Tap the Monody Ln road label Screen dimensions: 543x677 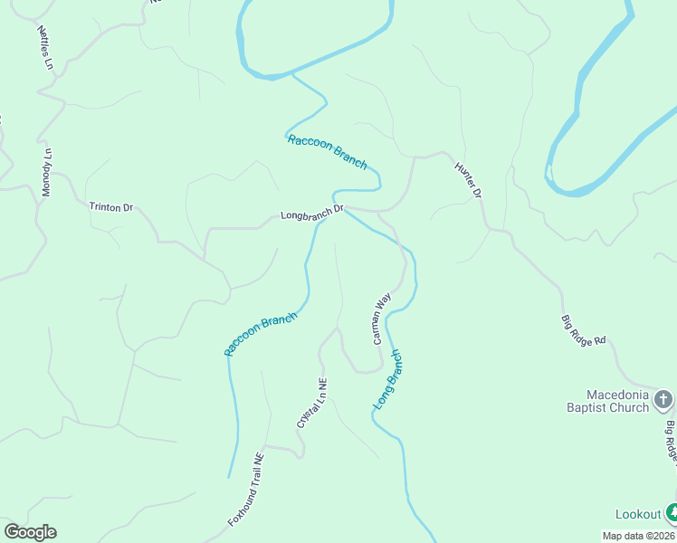pos(48,173)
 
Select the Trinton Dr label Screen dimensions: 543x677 pos(110,207)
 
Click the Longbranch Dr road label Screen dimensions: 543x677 pos(312,214)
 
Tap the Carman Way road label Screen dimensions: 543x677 pos(381,318)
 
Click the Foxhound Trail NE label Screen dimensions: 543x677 pos(245,490)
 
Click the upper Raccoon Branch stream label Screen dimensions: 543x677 pos(327,151)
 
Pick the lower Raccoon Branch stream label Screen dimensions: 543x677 pos(261,333)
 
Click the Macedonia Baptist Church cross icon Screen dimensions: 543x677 pos(663,399)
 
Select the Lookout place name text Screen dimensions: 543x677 pos(638,514)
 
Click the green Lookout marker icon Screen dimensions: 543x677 pos(671,513)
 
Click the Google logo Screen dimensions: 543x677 pos(30,532)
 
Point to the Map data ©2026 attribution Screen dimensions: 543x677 pos(639,536)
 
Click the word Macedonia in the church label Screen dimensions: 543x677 pos(618,395)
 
